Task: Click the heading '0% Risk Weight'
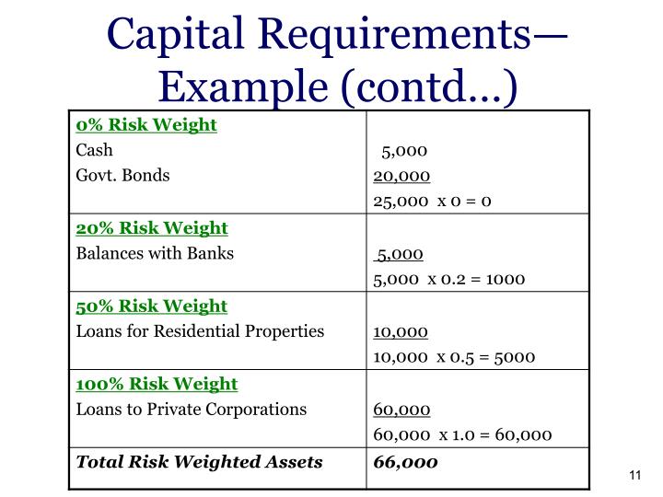point(146,125)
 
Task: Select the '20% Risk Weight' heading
point(152,227)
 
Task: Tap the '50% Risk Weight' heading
point(152,306)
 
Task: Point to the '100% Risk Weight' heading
point(157,384)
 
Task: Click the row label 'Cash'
point(94,150)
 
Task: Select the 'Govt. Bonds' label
point(122,175)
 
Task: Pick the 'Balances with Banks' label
point(155,253)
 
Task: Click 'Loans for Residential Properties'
point(200,330)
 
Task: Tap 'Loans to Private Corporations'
point(191,409)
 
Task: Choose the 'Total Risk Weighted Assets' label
point(199,461)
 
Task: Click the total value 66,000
point(406,461)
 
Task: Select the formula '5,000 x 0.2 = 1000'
point(449,278)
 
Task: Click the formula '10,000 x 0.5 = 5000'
point(454,356)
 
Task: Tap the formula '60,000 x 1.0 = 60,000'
point(462,434)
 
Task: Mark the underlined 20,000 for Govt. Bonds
point(401,176)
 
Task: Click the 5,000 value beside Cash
point(404,151)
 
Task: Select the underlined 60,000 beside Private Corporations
point(401,410)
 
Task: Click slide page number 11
point(633,475)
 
